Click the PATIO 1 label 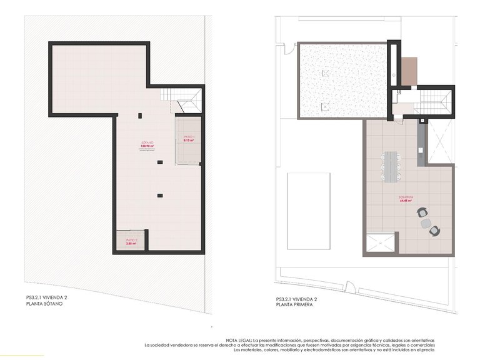pyautogui.click(x=189, y=137)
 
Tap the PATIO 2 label pyautogui.click(x=131, y=239)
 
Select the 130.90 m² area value pyautogui.click(x=147, y=146)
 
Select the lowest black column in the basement pyautogui.click(x=161, y=196)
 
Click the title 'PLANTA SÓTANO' pyautogui.click(x=44, y=304)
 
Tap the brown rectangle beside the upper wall pyautogui.click(x=409, y=71)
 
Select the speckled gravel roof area pyautogui.click(x=342, y=80)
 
